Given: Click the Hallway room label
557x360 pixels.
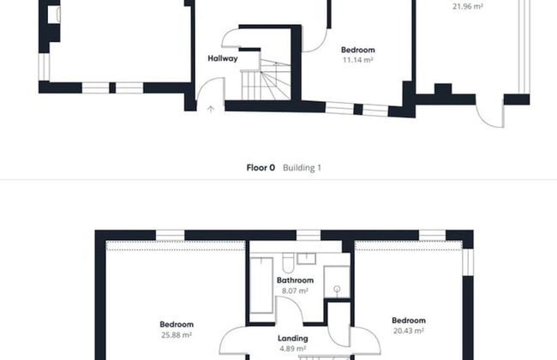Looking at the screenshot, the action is pyautogui.click(x=223, y=58).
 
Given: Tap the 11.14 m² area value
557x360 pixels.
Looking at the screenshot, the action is pyautogui.click(x=357, y=60).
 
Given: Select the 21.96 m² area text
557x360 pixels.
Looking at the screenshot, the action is pyautogui.click(x=468, y=6).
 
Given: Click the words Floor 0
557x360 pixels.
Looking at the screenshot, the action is pyautogui.click(x=261, y=168).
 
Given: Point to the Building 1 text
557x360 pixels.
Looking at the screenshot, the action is pyautogui.click(x=302, y=168).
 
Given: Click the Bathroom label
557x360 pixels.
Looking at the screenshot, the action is pyautogui.click(x=295, y=280).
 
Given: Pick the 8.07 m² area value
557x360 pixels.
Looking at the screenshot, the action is pyautogui.click(x=295, y=291).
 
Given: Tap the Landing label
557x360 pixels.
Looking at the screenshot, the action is pyautogui.click(x=293, y=339).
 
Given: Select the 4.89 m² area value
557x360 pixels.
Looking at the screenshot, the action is pyautogui.click(x=292, y=349).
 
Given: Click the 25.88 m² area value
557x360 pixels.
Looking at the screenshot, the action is pyautogui.click(x=177, y=335).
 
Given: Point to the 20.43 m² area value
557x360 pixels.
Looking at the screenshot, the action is pyautogui.click(x=409, y=331).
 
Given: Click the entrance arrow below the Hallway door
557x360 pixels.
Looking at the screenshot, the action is pyautogui.click(x=211, y=109).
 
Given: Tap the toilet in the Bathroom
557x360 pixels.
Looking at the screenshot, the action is pyautogui.click(x=289, y=262).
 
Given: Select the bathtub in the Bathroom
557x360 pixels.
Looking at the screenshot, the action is pyautogui.click(x=261, y=285).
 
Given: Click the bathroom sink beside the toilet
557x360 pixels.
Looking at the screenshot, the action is pyautogui.click(x=307, y=258).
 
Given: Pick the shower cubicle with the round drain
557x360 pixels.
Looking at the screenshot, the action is pyautogui.click(x=337, y=282).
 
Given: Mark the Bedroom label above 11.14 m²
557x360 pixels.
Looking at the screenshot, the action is pyautogui.click(x=357, y=50).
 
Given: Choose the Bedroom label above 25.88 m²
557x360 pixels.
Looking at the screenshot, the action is pyautogui.click(x=177, y=325).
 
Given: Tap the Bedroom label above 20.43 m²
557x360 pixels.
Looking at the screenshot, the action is pyautogui.click(x=409, y=321).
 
